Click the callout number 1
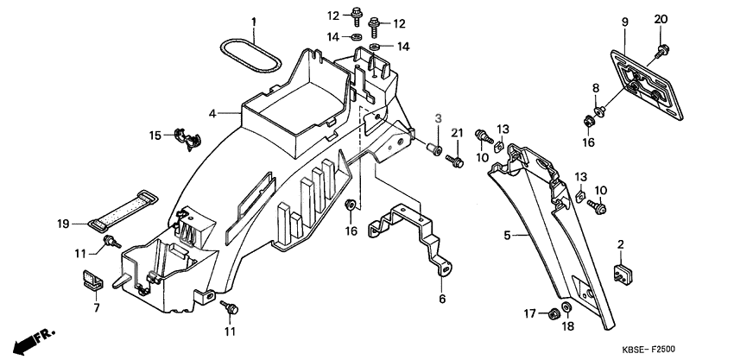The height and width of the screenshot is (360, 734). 255,21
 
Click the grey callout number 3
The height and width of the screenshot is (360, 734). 438,117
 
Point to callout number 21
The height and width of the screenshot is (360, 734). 458,132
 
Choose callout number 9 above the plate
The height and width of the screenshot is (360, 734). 623,21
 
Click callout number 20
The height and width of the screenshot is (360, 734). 661,20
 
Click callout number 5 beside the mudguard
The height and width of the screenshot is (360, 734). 508,234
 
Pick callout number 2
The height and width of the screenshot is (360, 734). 620,246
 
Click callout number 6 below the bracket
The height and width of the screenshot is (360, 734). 440,299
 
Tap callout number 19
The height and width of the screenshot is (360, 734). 63,224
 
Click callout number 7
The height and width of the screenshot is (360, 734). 96,307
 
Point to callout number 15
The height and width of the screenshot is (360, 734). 155,135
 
